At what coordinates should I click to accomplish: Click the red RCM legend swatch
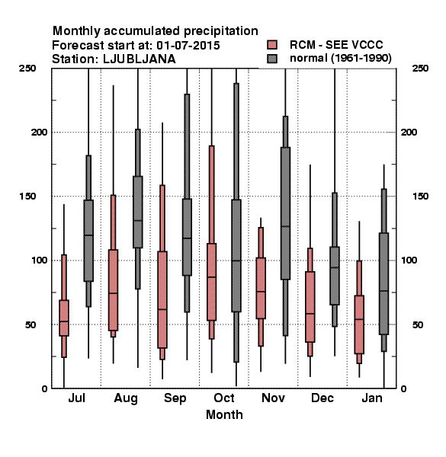272,45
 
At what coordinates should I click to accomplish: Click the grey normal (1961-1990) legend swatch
272,59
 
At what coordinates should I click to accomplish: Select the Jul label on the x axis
76,398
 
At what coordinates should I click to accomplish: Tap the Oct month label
224,398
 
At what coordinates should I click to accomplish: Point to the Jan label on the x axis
372,398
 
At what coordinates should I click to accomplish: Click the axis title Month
224,414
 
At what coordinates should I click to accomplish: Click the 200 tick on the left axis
39,132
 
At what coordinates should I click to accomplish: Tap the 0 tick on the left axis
44,388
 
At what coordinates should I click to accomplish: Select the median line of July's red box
64,321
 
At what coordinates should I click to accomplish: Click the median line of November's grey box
285,226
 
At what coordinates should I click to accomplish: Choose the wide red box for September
162,299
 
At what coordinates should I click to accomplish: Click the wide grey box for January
384,283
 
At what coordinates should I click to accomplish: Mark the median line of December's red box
310,314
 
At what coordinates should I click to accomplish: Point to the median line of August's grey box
138,221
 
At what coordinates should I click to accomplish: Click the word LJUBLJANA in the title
140,59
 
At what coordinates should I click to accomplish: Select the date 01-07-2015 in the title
188,45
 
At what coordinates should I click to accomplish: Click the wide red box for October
211,282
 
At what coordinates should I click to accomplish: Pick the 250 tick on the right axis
421,69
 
